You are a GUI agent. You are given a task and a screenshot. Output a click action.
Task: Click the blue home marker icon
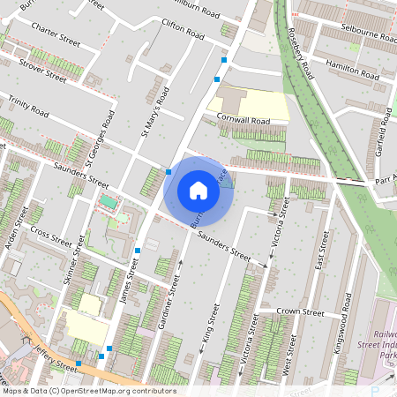[198, 190]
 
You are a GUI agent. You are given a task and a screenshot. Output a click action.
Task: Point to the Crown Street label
[301, 311]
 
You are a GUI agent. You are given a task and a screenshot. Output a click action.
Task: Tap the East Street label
[319, 253]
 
